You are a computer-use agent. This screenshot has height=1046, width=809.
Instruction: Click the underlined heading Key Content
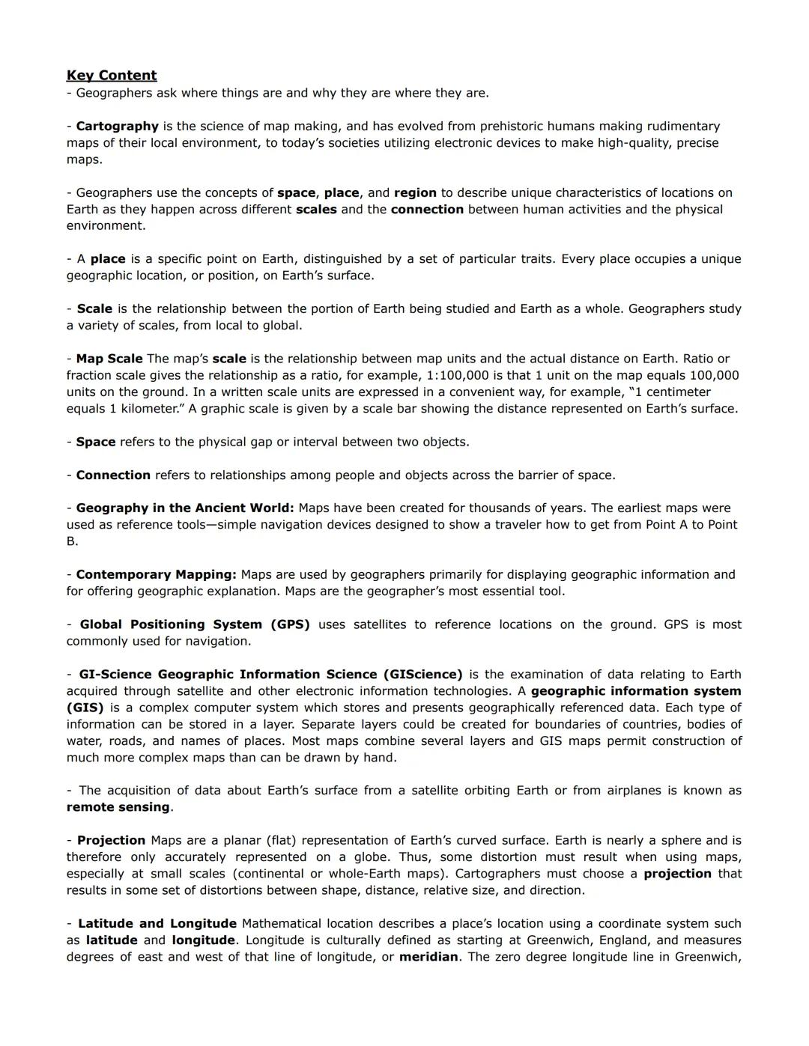pyautogui.click(x=112, y=76)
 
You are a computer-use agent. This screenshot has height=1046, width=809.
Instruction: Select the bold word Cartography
pyautogui.click(x=117, y=127)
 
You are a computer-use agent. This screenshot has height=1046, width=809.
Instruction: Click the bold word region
pyautogui.click(x=415, y=192)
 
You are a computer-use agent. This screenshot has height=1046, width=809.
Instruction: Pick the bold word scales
pyautogui.click(x=316, y=210)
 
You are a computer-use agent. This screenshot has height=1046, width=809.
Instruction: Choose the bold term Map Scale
pyautogui.click(x=109, y=359)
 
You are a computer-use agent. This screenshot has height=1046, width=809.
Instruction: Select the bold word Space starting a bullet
pyautogui.click(x=96, y=442)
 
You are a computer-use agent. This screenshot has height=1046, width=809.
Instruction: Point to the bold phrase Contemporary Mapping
pyautogui.click(x=156, y=574)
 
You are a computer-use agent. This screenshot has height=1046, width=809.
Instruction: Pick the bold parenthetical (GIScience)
pyautogui.click(x=422, y=675)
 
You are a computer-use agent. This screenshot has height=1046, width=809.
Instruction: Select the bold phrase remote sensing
pyautogui.click(x=118, y=807)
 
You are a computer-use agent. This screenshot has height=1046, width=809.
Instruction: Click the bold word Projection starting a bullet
pyautogui.click(x=111, y=840)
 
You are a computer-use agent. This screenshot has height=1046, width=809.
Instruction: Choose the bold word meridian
pyautogui.click(x=428, y=957)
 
